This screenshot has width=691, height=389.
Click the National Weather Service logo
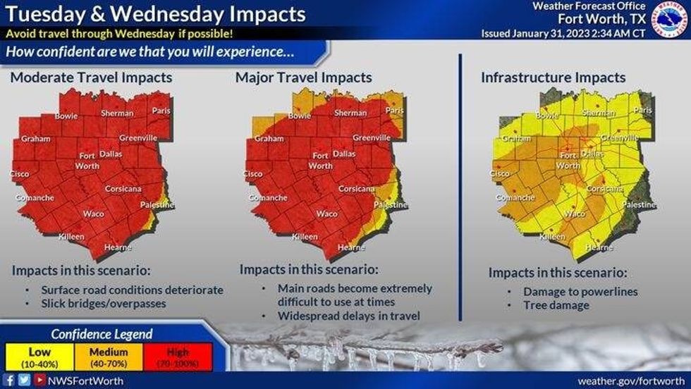point(669,19)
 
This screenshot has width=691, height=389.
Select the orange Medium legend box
point(109,357)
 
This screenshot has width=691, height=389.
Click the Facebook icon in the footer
point(10,381)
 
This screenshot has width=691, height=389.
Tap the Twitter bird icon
point(24,381)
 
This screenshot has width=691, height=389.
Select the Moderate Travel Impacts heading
point(91,78)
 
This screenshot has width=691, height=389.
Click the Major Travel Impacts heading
point(304,78)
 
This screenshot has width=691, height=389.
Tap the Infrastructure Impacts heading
point(553,78)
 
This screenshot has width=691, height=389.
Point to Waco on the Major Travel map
point(326,214)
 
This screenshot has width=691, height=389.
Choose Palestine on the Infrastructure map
point(639,204)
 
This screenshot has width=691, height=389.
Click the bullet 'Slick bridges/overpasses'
point(104,303)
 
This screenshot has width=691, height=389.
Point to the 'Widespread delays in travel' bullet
point(349,316)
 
